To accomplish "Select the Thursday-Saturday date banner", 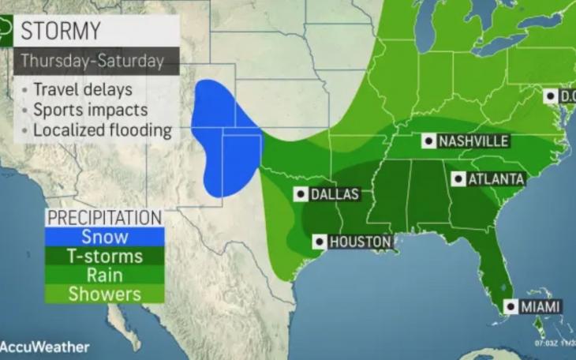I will click(92, 61).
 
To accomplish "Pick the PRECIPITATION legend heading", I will click(104, 217).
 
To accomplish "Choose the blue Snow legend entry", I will click(105, 237).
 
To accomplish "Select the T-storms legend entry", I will click(105, 256).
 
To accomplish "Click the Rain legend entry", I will click(105, 275).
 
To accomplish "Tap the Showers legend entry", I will click(105, 294).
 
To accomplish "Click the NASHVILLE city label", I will click(473, 141).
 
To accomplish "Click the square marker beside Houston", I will click(319, 242).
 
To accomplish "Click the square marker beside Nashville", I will click(428, 141).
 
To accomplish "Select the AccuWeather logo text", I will click(46, 347).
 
